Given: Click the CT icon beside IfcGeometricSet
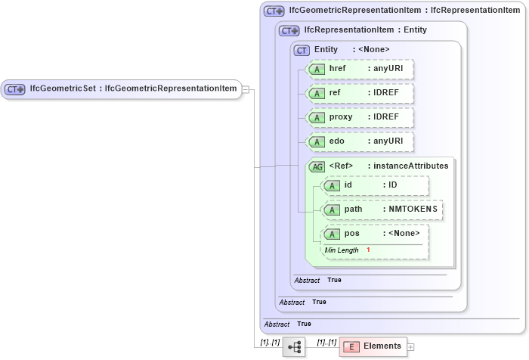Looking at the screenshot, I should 15,89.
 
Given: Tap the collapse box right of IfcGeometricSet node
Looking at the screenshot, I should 246,89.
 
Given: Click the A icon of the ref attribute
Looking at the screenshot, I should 318,93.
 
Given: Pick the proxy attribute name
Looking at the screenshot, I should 342,117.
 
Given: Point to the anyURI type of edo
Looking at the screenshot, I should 385,141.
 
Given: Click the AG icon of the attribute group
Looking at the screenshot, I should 316,166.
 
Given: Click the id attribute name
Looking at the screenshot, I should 348,185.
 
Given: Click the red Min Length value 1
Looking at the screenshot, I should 368,250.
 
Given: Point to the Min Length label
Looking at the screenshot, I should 342,250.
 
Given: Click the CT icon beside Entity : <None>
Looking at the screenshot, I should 302,50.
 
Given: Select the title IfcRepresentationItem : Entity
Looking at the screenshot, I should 365,30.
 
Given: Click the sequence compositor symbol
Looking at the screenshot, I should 293,347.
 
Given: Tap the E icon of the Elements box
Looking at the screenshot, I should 351,347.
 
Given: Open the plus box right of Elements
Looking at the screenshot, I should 411,347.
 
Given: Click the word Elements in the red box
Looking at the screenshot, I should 382,346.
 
